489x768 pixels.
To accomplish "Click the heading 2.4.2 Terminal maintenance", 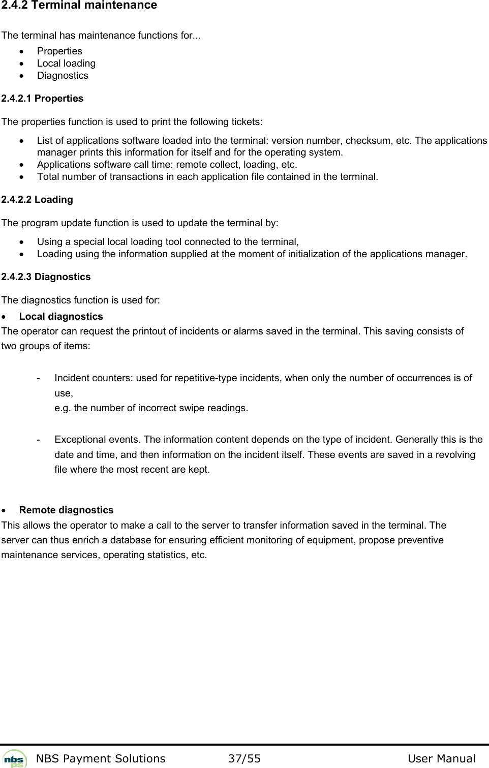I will [79, 6].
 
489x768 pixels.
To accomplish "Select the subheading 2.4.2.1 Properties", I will [42, 99].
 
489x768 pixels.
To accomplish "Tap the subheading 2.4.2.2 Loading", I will [37, 200].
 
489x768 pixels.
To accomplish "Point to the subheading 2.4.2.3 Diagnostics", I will [46, 277].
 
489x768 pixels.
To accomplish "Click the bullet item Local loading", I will [66, 64].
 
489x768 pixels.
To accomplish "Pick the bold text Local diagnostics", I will [61, 317].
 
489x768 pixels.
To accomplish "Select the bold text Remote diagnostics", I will [66, 510].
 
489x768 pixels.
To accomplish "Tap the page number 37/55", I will [244, 759].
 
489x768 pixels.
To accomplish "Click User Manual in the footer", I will [441, 759].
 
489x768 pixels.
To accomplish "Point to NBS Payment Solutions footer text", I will [101, 759].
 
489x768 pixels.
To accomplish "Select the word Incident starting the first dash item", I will [70, 378].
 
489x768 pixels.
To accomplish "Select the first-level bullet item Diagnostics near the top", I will [63, 76].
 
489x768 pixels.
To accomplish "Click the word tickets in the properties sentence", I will [247, 122].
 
